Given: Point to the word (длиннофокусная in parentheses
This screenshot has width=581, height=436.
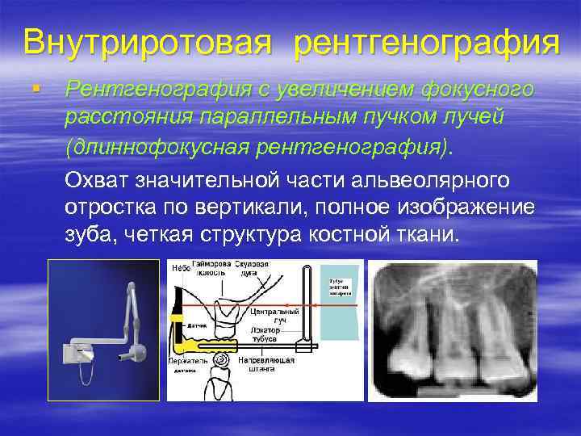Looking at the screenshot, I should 162,147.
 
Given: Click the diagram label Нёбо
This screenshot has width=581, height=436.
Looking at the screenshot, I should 180,268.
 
